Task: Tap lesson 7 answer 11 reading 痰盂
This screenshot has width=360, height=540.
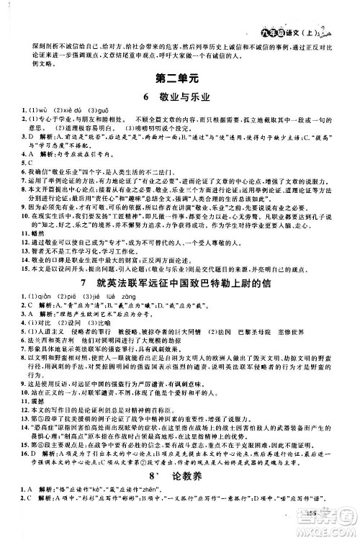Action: click(22, 441)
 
